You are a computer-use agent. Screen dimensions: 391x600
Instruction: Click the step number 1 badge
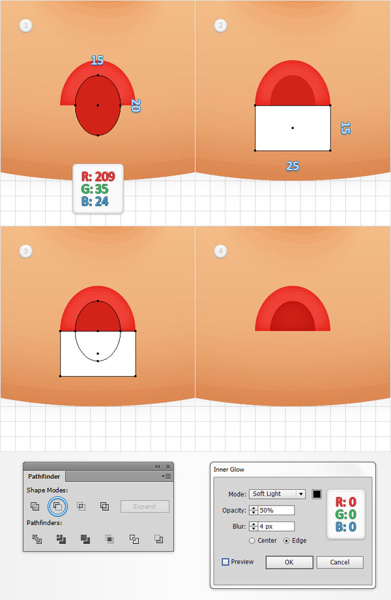click(25, 25)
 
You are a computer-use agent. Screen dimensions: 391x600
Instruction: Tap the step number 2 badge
click(220, 25)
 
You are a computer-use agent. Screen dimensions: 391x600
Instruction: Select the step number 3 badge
click(25, 251)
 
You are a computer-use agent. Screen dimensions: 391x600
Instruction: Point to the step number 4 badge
click(220, 251)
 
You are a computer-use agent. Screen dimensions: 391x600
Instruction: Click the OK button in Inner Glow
click(289, 562)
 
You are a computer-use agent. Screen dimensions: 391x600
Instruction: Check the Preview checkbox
click(225, 562)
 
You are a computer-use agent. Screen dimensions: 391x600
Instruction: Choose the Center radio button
click(252, 541)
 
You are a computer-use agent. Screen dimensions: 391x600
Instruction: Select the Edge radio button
click(286, 541)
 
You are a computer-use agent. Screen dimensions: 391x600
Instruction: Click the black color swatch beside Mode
click(317, 494)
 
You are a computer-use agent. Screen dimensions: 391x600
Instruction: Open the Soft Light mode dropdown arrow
click(301, 494)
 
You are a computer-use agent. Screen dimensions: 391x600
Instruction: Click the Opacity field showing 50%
click(276, 510)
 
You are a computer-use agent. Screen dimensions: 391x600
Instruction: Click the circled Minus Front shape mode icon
click(58, 506)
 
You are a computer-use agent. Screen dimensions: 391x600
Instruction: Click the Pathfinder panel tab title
click(44, 476)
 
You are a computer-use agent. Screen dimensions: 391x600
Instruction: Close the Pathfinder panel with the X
click(168, 466)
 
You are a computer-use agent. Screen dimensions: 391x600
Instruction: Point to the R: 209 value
click(98, 176)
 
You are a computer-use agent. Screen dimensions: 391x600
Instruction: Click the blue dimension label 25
click(293, 166)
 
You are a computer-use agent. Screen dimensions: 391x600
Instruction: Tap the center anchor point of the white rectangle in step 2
click(293, 128)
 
